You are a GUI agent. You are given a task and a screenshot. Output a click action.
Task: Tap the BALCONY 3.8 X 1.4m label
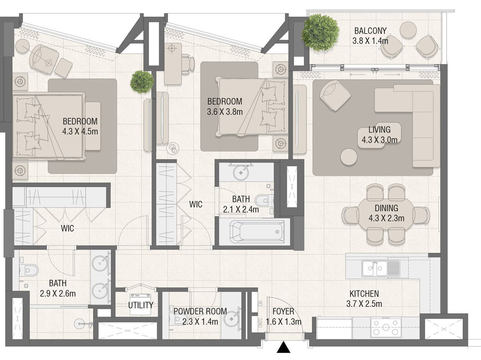(x=370, y=36)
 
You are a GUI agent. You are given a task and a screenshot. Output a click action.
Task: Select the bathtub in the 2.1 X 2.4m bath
(x=257, y=232)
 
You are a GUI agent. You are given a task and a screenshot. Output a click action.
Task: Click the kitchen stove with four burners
(x=385, y=327)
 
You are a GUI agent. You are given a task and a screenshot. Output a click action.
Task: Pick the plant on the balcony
(x=320, y=33)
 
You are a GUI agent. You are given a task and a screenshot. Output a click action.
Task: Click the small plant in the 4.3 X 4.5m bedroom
(x=142, y=82)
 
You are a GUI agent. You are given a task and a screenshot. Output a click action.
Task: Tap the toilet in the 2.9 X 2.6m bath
(x=28, y=270)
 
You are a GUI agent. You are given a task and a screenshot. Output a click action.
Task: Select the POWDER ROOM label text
(x=200, y=311)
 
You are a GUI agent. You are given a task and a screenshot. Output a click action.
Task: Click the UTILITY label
(x=141, y=305)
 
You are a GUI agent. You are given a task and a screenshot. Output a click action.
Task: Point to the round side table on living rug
(x=349, y=157)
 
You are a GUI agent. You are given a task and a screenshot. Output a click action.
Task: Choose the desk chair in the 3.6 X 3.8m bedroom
(x=188, y=64)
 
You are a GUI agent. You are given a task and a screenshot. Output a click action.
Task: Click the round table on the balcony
(x=408, y=30)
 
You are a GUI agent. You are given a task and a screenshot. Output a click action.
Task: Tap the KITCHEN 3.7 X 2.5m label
(x=364, y=299)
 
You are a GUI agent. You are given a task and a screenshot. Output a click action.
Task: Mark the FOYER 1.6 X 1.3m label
(x=283, y=317)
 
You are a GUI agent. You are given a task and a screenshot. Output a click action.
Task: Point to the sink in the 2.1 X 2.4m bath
(x=241, y=173)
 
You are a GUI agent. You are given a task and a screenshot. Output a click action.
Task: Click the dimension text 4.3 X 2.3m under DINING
(x=386, y=218)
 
